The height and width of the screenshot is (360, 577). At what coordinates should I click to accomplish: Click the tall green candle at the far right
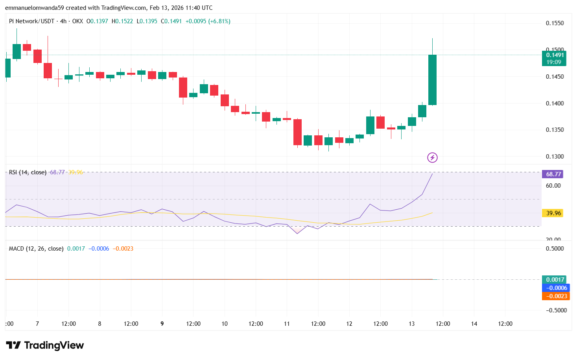pyautogui.click(x=432, y=80)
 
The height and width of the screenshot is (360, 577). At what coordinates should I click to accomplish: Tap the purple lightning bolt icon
pyautogui.click(x=432, y=158)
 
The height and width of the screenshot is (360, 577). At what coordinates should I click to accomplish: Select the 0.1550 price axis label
pyautogui.click(x=555, y=23)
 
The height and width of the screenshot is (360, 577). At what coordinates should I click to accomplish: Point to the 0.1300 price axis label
pyautogui.click(x=555, y=157)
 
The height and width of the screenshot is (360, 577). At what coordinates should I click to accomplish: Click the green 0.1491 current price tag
pyautogui.click(x=554, y=58)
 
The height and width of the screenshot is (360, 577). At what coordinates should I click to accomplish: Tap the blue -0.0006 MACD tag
pyautogui.click(x=555, y=288)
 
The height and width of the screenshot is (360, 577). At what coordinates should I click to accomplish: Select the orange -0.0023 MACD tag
pyautogui.click(x=555, y=296)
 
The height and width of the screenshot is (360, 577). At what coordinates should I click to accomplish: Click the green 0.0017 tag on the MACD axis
pyautogui.click(x=554, y=280)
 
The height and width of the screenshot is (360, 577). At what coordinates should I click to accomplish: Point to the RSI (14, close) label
pyautogui.click(x=28, y=172)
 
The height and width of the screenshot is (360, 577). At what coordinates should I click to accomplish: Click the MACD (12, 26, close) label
pyautogui.click(x=36, y=249)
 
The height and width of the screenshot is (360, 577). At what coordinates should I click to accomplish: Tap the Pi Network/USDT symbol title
pyautogui.click(x=31, y=21)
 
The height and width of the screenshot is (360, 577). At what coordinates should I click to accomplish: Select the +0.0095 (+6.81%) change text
pyautogui.click(x=208, y=21)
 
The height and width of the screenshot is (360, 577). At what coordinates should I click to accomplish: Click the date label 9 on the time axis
pyautogui.click(x=162, y=324)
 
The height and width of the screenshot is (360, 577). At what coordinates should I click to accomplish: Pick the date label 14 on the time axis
pyautogui.click(x=474, y=324)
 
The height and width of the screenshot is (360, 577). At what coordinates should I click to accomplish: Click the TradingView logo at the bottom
pyautogui.click(x=45, y=345)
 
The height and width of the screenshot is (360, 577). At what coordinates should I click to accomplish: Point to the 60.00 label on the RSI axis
pyautogui.click(x=553, y=186)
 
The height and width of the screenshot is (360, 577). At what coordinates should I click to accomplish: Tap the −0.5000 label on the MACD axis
pyautogui.click(x=556, y=310)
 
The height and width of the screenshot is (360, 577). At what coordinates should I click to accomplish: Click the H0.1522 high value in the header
pyautogui.click(x=122, y=21)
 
